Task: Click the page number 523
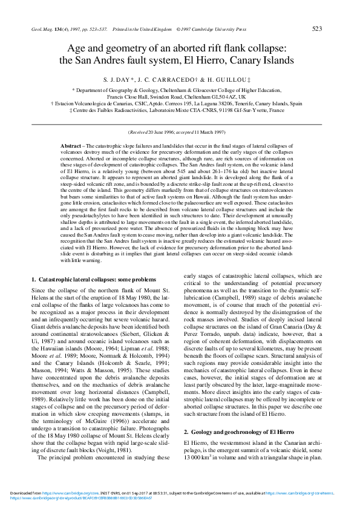(x=316, y=28)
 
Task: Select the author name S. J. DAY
(x=118, y=80)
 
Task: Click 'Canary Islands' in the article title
(x=264, y=61)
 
